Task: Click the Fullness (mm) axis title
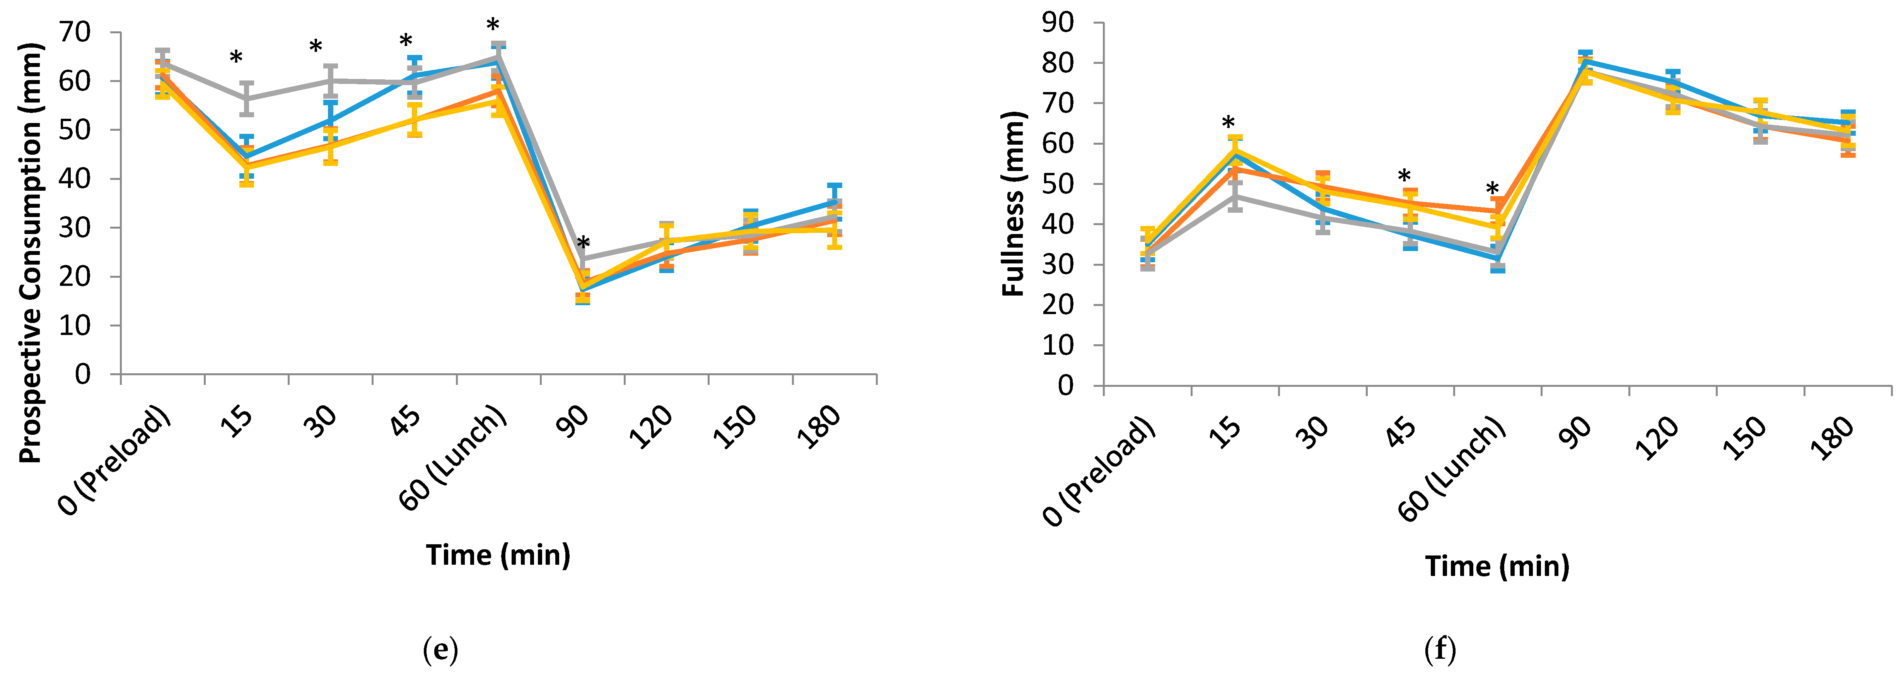click(x=1013, y=204)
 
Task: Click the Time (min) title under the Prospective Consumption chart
click(x=498, y=555)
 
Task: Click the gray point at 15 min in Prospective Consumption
click(x=246, y=98)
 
